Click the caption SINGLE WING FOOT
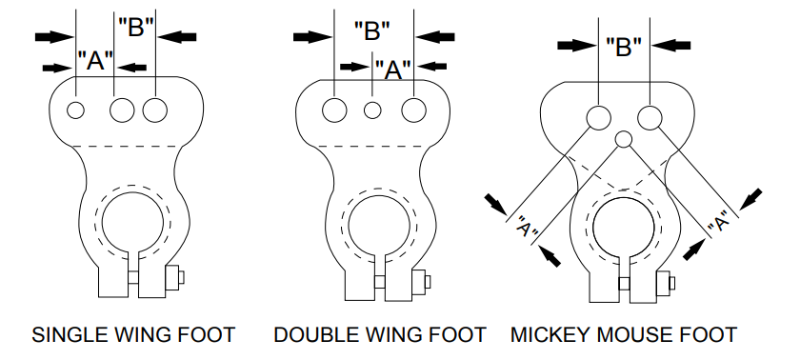point(133,335)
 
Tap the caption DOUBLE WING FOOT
point(380,335)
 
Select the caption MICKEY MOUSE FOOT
point(624,335)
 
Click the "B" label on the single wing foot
point(135,28)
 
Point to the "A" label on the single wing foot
point(95,63)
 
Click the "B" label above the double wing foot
point(372,30)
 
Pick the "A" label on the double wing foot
point(393,68)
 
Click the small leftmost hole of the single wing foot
point(76,110)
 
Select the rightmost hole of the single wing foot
point(155,110)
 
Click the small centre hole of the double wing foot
point(372,110)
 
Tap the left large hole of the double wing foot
point(333,110)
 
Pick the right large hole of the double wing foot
point(413,110)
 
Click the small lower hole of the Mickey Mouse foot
point(624,140)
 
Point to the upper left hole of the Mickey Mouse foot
point(598,117)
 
